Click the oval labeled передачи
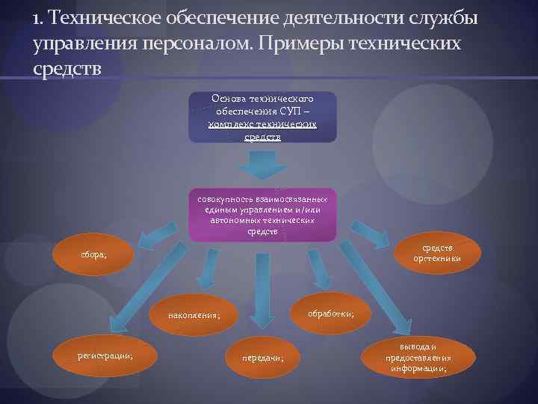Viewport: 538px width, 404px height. (x=262, y=358)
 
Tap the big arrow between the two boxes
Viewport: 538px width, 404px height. (x=262, y=165)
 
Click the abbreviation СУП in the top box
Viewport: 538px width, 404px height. (x=290, y=111)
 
